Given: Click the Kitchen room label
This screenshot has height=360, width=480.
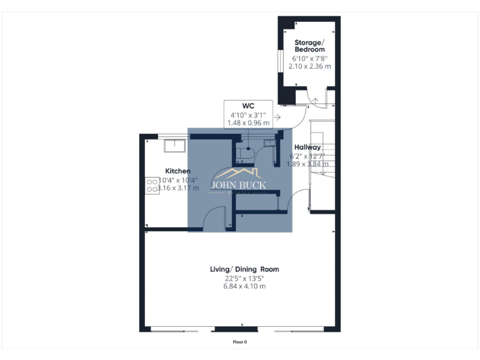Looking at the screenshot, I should (x=177, y=171).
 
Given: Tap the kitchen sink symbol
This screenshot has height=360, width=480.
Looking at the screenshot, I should (x=174, y=146).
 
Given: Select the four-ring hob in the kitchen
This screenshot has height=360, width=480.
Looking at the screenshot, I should (x=152, y=184).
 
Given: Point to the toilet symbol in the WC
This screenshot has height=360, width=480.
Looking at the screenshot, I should (x=248, y=151).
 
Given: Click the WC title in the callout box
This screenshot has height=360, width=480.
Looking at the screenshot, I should (x=248, y=105).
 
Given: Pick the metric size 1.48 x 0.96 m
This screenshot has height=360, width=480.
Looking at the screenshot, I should (x=248, y=122).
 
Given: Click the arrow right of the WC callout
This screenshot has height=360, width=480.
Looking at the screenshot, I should (x=277, y=116).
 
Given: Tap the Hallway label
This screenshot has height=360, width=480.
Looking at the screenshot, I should (x=307, y=147).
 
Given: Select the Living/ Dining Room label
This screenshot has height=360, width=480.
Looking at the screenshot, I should (x=244, y=269).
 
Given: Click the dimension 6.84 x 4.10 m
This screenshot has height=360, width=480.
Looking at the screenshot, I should (x=244, y=286).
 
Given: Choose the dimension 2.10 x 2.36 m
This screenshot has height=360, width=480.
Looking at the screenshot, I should (x=309, y=66).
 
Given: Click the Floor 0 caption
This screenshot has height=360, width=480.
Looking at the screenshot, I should (x=240, y=342).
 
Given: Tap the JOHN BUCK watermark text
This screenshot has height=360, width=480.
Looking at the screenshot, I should (x=238, y=185).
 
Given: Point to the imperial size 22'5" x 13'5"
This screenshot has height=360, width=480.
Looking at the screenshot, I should (x=244, y=278).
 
